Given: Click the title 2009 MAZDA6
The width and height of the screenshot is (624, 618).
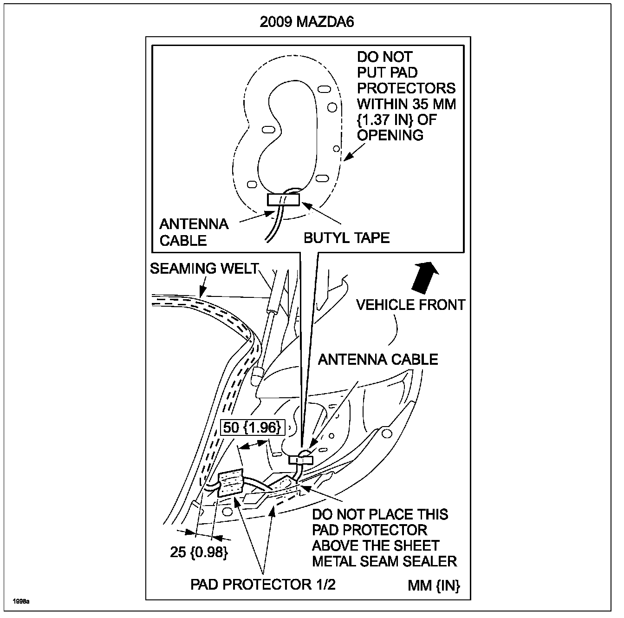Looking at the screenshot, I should tap(307, 22).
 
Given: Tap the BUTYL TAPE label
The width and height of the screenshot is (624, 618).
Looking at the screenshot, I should tap(346, 238).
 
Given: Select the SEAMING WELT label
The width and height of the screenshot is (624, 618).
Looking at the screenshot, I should tap(203, 269).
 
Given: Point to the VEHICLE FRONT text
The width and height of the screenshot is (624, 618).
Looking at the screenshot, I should tap(410, 305).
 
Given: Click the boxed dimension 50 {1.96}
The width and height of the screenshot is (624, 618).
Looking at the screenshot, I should tap(252, 427).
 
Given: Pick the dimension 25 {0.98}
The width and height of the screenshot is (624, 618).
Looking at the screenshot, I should tap(199, 552).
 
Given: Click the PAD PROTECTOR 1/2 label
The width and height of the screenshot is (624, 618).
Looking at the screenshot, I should tap(263, 585).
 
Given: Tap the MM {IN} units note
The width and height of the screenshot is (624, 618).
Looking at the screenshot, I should tap(434, 585).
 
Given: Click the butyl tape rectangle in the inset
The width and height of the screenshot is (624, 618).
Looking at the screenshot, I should tap(283, 200).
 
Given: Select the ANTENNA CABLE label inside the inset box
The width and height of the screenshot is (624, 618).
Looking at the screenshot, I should tap(194, 232).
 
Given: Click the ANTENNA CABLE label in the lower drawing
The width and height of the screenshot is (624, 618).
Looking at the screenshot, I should tap(378, 359).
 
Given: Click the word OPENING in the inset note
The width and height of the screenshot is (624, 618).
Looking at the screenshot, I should tap(390, 135).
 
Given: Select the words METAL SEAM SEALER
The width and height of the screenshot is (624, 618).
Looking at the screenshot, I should tap(384, 561).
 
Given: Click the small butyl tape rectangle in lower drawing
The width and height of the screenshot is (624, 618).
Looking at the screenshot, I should tap(301, 460).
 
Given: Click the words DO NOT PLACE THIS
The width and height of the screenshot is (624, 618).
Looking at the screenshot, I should tap(380, 514).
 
